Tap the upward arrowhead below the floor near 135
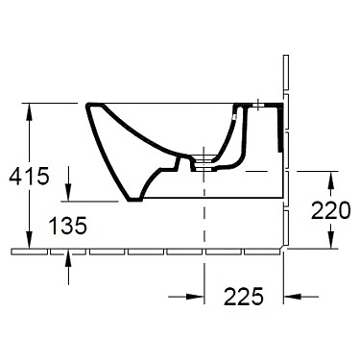point(69,260)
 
